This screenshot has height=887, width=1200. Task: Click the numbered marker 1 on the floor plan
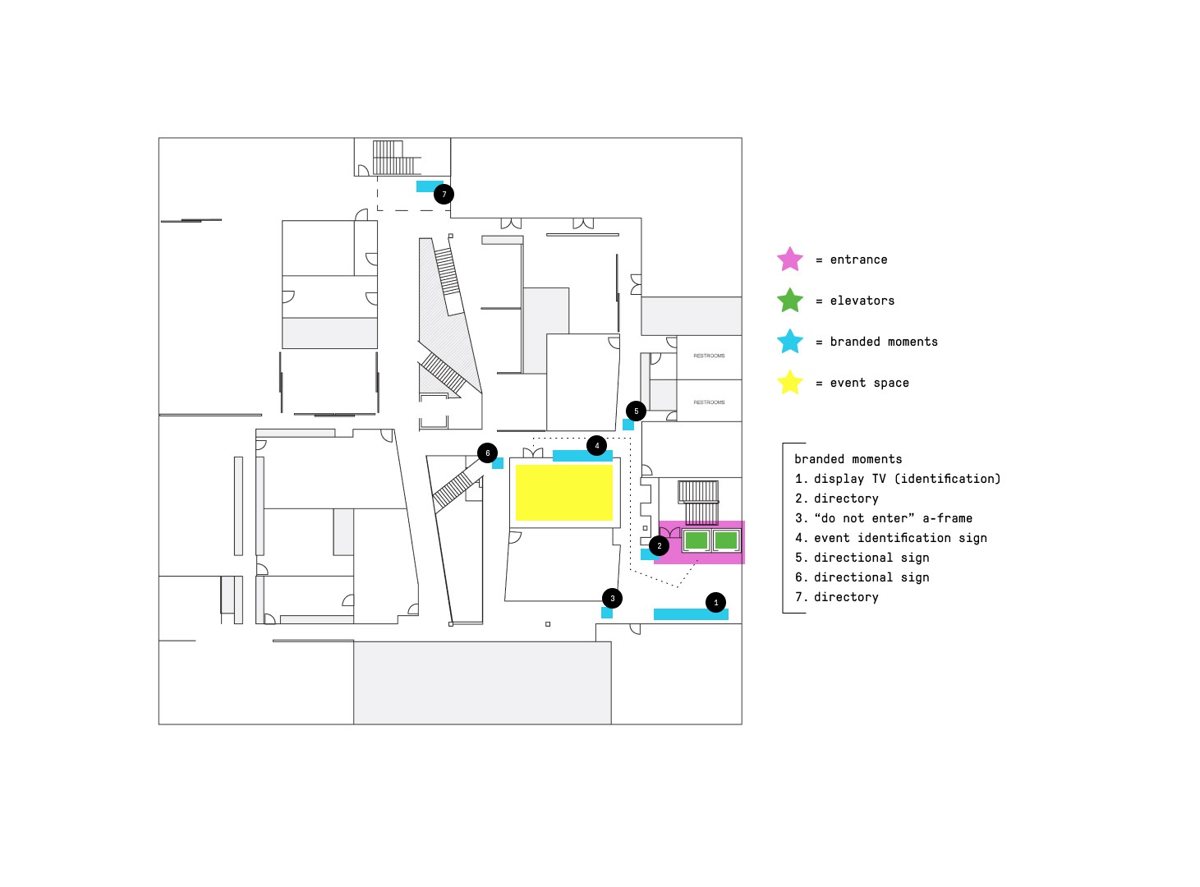pos(715,603)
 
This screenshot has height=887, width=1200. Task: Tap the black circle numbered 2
pos(659,546)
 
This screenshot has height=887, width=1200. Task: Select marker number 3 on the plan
pos(612,599)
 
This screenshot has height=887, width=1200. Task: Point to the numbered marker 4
pos(597,446)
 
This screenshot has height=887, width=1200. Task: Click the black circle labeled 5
pos(636,411)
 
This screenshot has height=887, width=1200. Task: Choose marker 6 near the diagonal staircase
pos(488,453)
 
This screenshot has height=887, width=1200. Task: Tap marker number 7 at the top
pos(444,195)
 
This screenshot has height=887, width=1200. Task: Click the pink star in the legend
pos(790,260)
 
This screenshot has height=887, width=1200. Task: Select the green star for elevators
pos(790,301)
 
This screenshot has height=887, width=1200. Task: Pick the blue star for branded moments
pos(790,342)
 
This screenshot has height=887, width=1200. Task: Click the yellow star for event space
pos(790,383)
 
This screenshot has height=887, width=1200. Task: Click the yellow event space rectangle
pos(564,493)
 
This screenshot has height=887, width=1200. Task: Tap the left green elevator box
pos(697,540)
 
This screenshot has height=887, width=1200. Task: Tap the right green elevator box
pos(726,540)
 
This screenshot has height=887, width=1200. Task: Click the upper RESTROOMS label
pos(709,356)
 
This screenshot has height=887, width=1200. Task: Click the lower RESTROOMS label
pos(709,402)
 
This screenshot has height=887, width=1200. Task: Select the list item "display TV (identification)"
pos(907,479)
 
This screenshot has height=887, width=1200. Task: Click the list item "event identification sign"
pos(900,538)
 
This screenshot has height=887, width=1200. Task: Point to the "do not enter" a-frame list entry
pos(893,518)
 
